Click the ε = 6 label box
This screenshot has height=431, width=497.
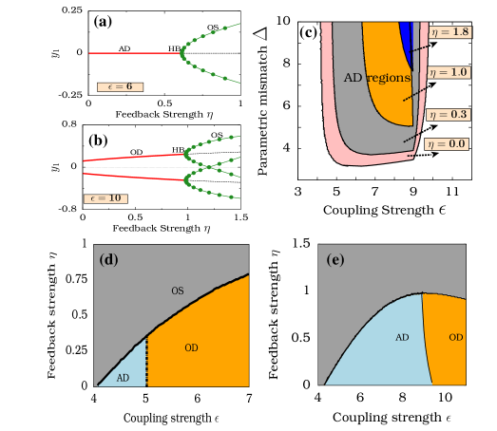120,86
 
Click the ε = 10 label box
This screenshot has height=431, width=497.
105,198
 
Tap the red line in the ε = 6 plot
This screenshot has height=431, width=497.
133,53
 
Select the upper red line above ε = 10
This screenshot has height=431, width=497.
133,158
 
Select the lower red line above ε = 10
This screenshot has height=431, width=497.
133,177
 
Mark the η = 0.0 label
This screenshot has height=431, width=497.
448,144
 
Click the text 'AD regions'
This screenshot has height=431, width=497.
376,77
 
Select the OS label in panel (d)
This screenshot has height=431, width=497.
177,289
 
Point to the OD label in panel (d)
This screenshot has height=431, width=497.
191,347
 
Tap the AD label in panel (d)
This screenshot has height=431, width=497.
123,378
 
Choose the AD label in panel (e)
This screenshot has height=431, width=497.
402,337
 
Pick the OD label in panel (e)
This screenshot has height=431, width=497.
456,337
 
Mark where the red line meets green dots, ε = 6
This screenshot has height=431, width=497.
182,53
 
